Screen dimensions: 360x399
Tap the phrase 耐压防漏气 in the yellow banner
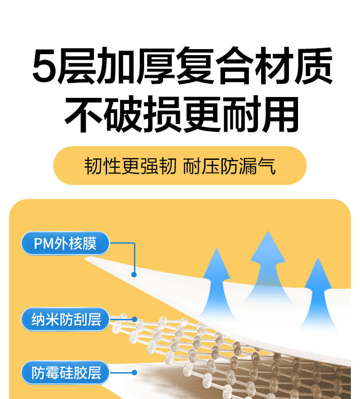tap(230, 166)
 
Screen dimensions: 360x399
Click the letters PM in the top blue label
tap(44, 244)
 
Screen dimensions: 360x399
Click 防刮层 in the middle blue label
tap(83, 319)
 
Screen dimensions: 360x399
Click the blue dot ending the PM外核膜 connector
tap(134, 274)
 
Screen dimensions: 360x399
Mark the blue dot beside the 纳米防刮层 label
tap(134, 319)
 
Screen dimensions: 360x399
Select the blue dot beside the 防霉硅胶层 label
tap(134, 373)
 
